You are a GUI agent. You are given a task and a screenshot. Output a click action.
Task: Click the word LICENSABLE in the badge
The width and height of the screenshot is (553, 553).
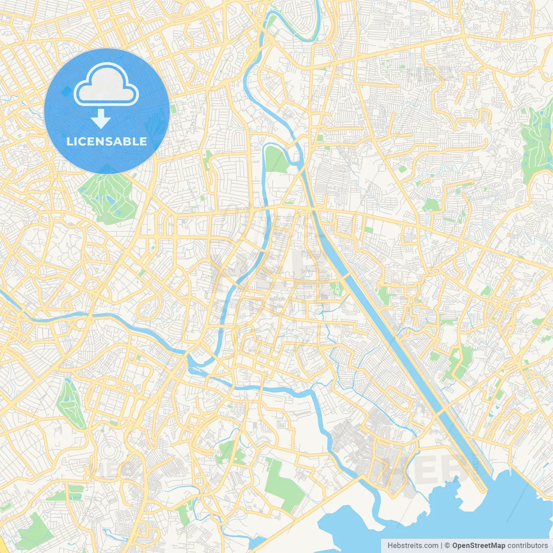point(107,141)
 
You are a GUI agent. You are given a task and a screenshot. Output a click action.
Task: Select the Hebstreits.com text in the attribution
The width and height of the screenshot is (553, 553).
point(413,546)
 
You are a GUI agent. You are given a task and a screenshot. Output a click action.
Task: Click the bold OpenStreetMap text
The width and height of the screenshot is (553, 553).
point(478,546)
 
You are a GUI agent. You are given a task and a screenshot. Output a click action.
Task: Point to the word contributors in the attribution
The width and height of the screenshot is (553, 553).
point(528,546)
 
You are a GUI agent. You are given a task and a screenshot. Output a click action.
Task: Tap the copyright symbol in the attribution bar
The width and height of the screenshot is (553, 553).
point(448,546)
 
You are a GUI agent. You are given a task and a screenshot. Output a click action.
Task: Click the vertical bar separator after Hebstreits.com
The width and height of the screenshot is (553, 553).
point(442,546)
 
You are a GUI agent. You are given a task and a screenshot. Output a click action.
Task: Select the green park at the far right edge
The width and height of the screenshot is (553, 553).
point(537,143)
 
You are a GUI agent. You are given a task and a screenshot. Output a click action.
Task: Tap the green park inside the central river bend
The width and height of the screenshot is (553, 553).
point(275,159)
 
